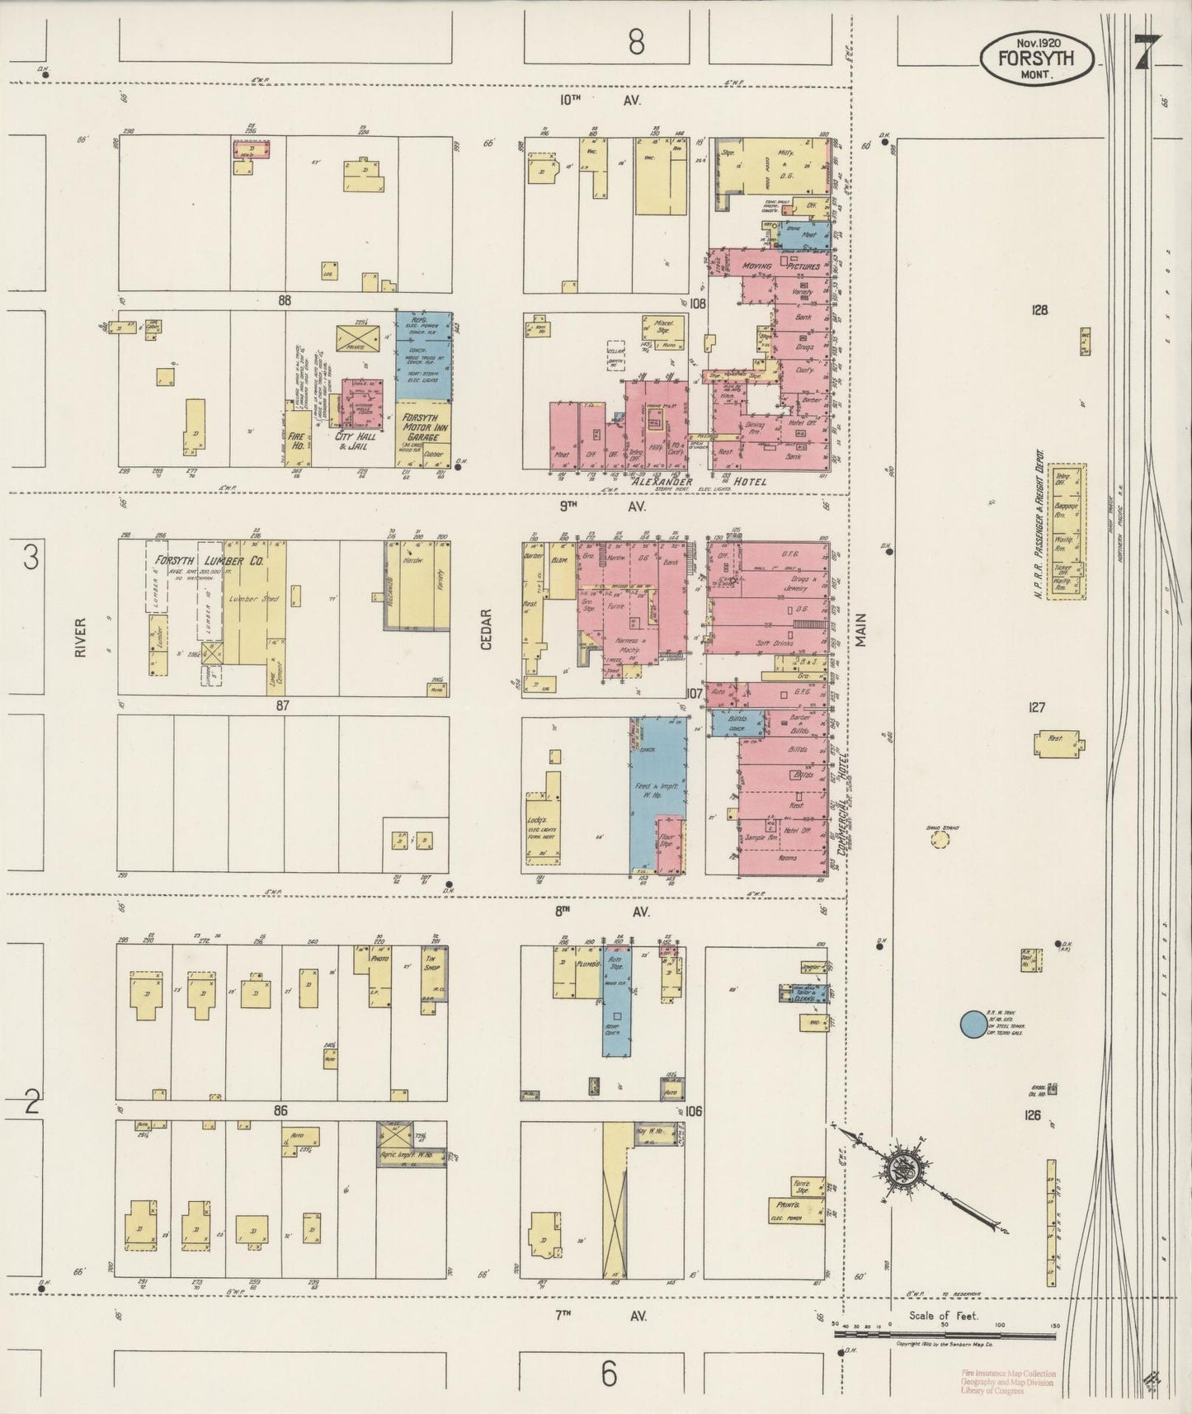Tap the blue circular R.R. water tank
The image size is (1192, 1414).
[x=974, y=1025]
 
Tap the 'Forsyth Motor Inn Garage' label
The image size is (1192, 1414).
[x=424, y=428]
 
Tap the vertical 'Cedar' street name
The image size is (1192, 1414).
[x=486, y=629]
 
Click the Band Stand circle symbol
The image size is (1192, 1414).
[x=939, y=840]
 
